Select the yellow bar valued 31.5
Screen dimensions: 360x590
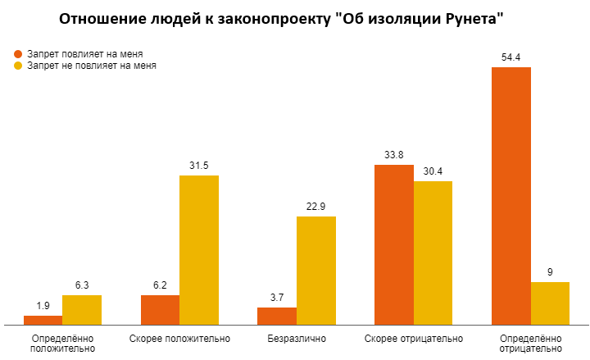coord(199,249)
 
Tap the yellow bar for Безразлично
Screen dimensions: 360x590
coord(315,270)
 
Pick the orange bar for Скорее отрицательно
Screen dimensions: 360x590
coord(393,244)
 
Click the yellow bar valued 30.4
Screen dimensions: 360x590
coord(433,252)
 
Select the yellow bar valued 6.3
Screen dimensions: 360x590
coord(82,309)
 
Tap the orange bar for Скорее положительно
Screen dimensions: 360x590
coord(160,309)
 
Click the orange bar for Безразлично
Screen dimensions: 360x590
coord(277,316)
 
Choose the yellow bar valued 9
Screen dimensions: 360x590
coord(550,303)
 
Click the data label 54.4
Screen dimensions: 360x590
coord(511,57)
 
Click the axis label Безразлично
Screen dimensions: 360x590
coord(297,338)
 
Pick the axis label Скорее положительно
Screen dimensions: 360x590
coord(179,338)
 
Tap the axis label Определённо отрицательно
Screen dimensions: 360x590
coord(530,343)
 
